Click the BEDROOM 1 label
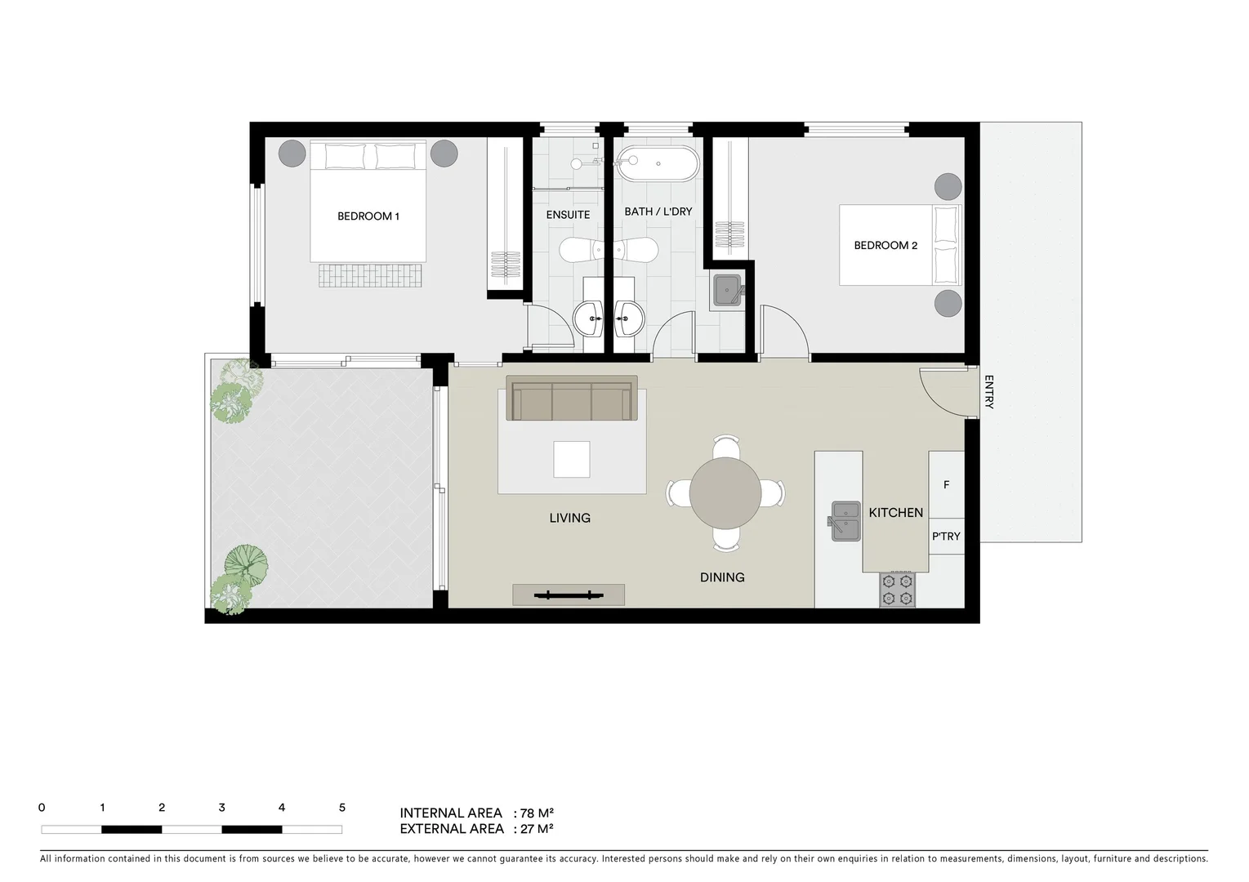[368, 216]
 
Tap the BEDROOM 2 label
[885, 245]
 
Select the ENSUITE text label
[568, 215]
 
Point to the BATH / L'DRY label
[658, 212]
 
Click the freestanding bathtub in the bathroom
[658, 165]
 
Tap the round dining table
[725, 493]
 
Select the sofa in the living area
[571, 399]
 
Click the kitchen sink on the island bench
[845, 520]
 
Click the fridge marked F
[946, 485]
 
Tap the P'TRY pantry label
[946, 537]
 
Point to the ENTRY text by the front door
[988, 392]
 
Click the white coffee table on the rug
[571, 459]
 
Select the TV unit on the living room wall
[569, 595]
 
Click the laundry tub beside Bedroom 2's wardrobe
[727, 289]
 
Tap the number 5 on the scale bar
[341, 808]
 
